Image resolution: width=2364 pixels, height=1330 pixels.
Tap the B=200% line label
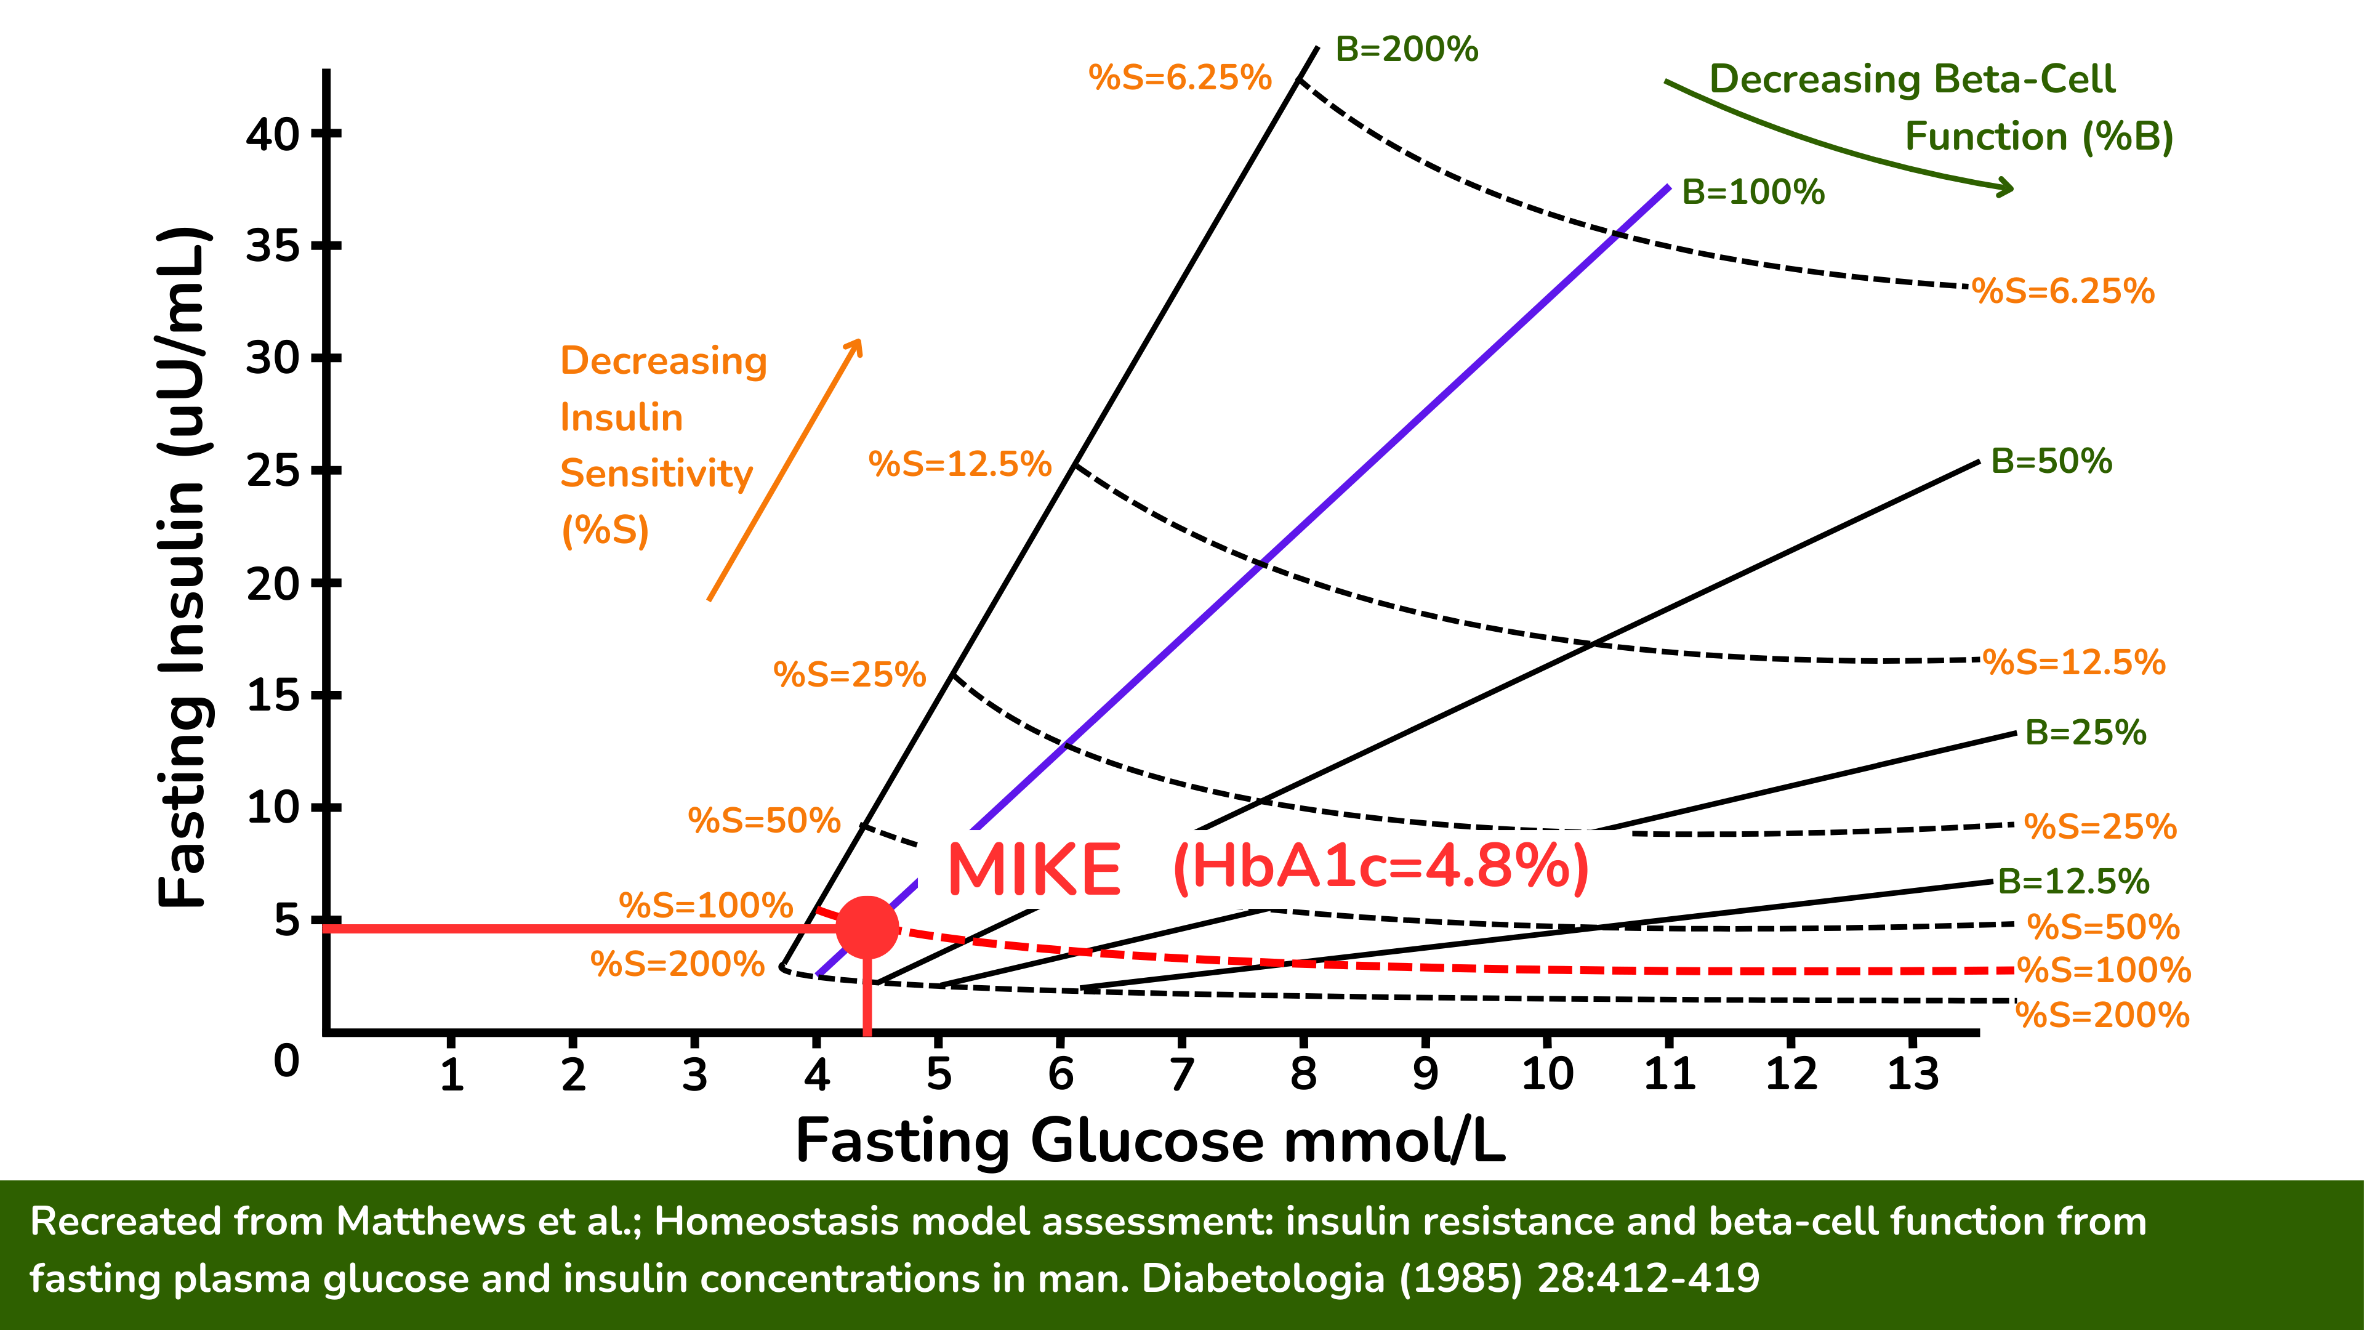[1406, 49]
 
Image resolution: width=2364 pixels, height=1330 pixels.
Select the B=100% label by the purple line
[1753, 192]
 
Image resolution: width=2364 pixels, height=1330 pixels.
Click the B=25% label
[2085, 733]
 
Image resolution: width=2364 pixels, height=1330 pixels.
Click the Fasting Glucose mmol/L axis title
[1150, 1141]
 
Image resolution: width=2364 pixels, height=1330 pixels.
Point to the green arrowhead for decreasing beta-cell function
[2004, 188]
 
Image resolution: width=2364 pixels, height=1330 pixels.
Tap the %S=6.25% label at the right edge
[2063, 292]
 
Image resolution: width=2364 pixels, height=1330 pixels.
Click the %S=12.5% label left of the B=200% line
[959, 464]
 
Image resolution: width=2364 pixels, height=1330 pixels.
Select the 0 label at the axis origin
[286, 1061]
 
